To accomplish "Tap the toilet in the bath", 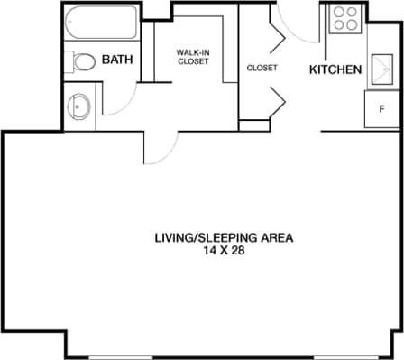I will point(81,62).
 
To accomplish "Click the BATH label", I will point(117,60).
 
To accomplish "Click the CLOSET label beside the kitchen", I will point(262,68).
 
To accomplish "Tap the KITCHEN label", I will point(335,69).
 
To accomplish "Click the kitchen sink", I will point(378,70).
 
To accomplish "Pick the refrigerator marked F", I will point(379,109).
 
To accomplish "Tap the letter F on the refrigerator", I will point(381,109).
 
